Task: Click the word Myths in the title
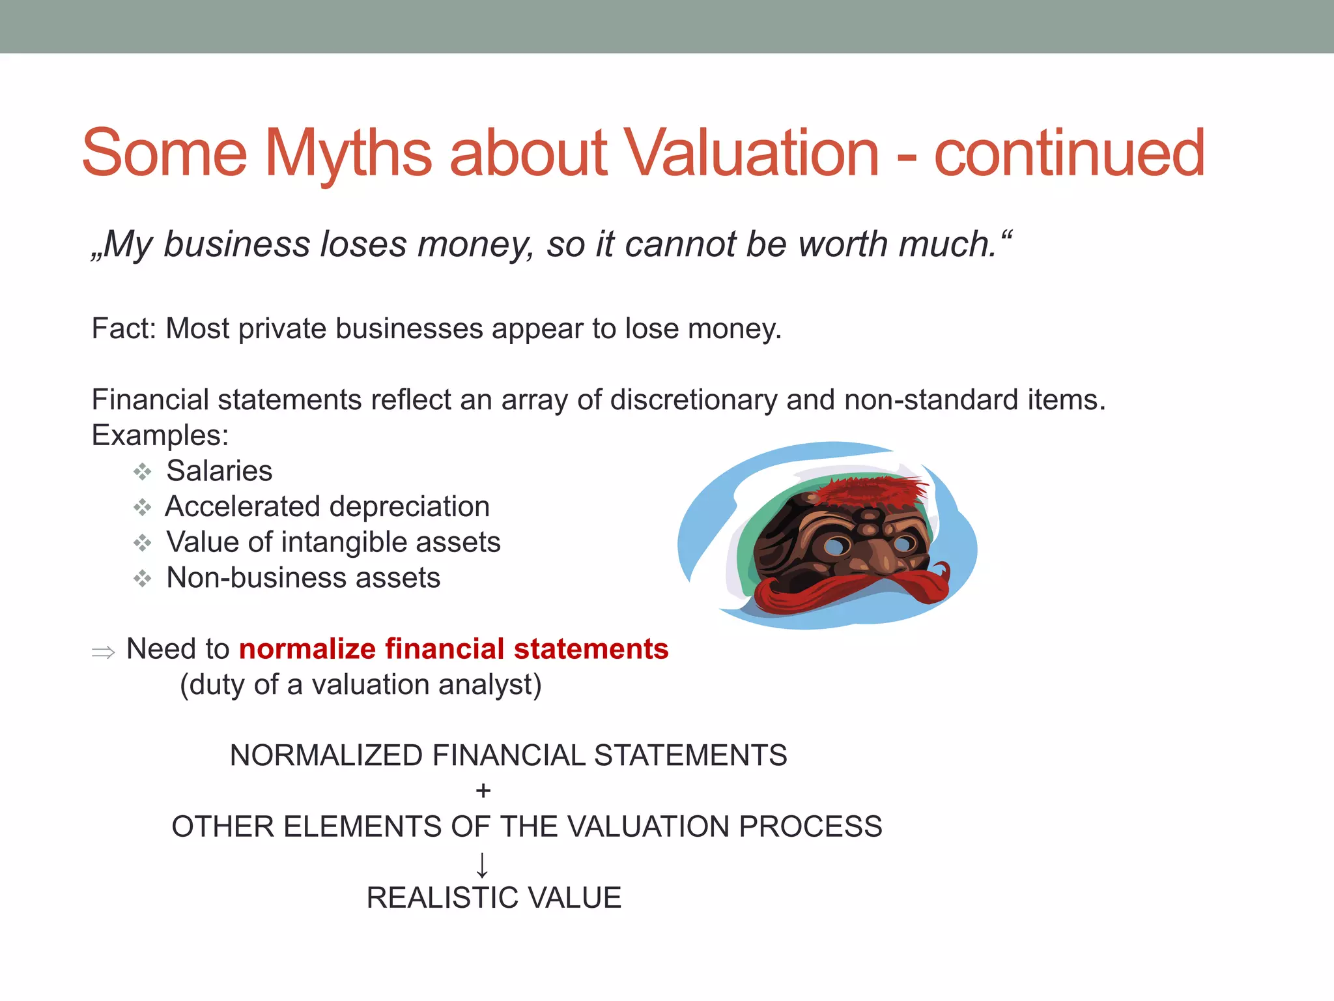point(348,153)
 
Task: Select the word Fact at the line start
point(121,328)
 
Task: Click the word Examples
point(160,435)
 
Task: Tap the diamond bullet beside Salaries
point(143,471)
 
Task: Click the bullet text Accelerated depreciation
point(327,506)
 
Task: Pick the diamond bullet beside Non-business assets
point(143,578)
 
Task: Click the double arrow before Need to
point(103,651)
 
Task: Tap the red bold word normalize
point(307,649)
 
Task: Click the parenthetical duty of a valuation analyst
point(360,685)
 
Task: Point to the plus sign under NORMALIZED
point(483,791)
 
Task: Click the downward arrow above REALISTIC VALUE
point(482,865)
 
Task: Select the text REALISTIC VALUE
point(494,898)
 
